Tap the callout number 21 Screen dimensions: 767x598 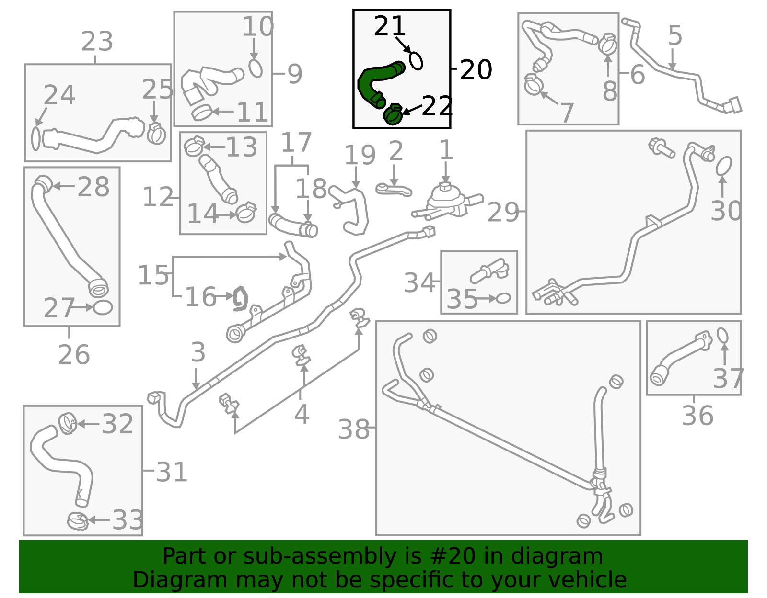(389, 26)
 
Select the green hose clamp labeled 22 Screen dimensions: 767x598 (393, 114)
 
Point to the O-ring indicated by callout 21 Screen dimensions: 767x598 (416, 61)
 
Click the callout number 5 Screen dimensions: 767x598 (675, 35)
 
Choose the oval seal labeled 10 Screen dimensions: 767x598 (255, 68)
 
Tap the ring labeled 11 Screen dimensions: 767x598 (202, 113)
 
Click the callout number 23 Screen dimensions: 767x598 (97, 42)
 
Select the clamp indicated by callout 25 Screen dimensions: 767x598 (156, 133)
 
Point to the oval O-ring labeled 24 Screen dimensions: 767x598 (35, 138)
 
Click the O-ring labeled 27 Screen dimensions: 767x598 (103, 307)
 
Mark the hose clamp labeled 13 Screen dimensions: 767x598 (194, 146)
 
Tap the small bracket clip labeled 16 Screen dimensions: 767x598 (240, 299)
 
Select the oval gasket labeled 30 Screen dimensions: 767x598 (723, 166)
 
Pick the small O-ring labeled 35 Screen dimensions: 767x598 (503, 298)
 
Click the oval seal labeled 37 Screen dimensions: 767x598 (722, 335)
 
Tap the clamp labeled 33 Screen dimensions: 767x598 (78, 521)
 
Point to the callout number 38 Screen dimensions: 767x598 (354, 429)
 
